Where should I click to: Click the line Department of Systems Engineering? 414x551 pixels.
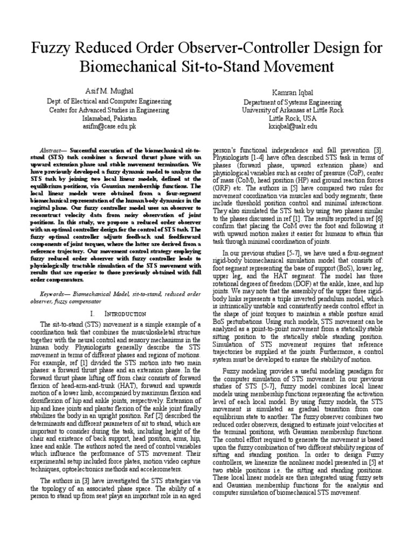click(293, 102)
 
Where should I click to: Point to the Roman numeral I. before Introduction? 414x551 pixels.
click(93, 313)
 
